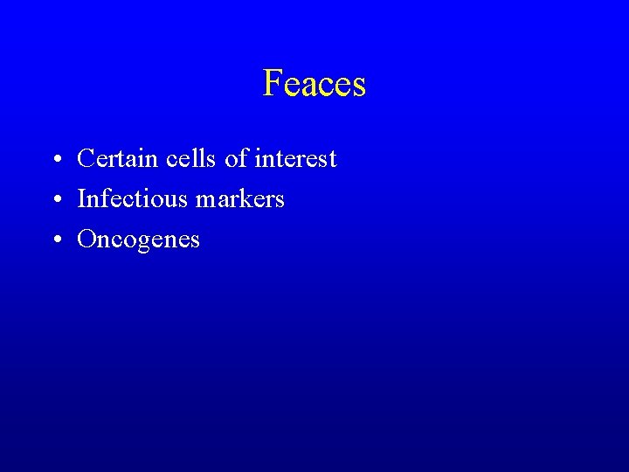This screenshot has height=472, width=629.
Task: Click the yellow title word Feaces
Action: pyautogui.click(x=314, y=84)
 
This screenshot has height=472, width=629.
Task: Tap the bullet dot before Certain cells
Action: pyautogui.click(x=55, y=160)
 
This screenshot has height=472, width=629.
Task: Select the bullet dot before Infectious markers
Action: pyautogui.click(x=55, y=200)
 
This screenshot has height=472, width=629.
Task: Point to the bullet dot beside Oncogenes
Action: pyautogui.click(x=55, y=240)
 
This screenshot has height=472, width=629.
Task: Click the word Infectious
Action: pyautogui.click(x=133, y=199)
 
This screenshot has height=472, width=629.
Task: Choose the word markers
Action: pyautogui.click(x=240, y=199)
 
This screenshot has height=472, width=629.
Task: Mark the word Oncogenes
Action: pyautogui.click(x=138, y=239)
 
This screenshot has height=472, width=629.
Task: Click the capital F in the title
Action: pyautogui.click(x=272, y=84)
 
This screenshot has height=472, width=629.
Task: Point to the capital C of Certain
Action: pyautogui.click(x=86, y=159)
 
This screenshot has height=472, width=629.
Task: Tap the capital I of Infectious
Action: pyautogui.click(x=81, y=199)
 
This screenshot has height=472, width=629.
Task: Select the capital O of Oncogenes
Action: pyautogui.click(x=86, y=239)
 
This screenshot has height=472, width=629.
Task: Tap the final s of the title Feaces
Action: pyautogui.click(x=358, y=87)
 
